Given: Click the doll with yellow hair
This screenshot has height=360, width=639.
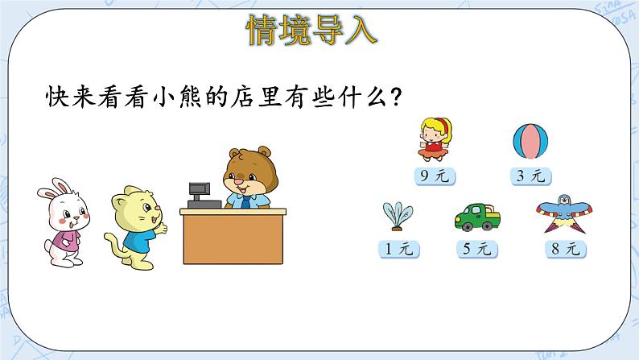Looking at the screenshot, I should click(x=435, y=139).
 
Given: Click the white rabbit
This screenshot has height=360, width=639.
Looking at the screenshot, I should click(x=61, y=221).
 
